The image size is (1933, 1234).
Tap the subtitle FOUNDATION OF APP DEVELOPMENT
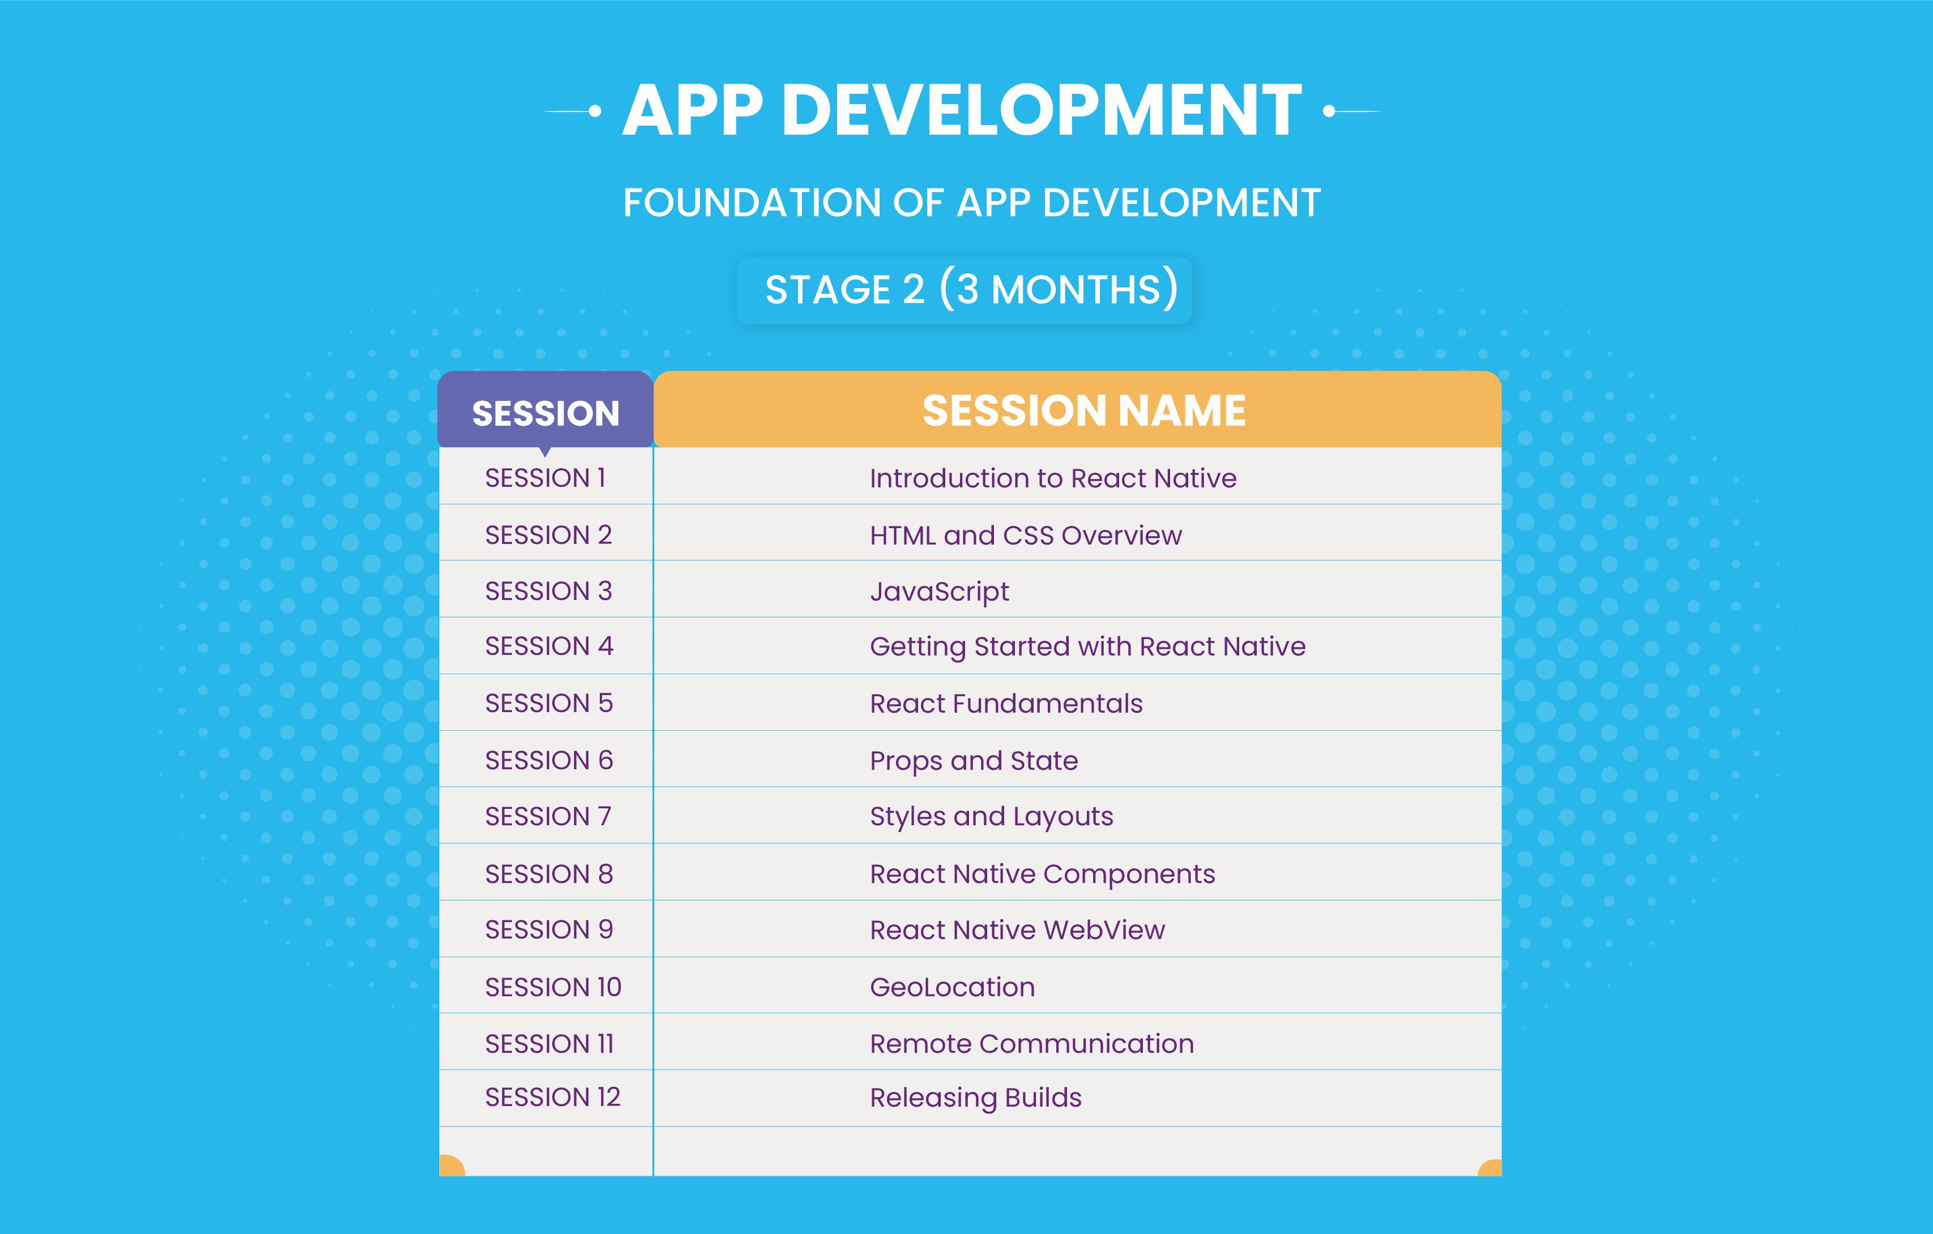coord(971,202)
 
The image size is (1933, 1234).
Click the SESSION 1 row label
coord(545,478)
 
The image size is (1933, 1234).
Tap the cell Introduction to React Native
coord(1053,478)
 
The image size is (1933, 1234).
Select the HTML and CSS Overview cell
coord(1026,535)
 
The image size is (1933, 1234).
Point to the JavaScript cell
coord(939,592)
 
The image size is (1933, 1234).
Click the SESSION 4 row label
coord(549,646)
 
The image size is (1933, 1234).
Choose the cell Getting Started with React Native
coord(1088,646)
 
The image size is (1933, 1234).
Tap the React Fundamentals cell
coord(1006,704)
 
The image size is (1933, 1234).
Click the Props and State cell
coord(974,761)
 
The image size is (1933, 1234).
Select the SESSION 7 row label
coord(548,817)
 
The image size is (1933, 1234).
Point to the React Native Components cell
coord(1043,874)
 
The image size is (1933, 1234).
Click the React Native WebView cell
coord(1017,930)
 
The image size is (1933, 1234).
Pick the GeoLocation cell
coord(952,987)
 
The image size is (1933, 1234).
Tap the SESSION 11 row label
coord(549,1044)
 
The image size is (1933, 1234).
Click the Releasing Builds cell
coord(975,1098)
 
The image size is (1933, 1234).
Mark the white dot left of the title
coord(595,112)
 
